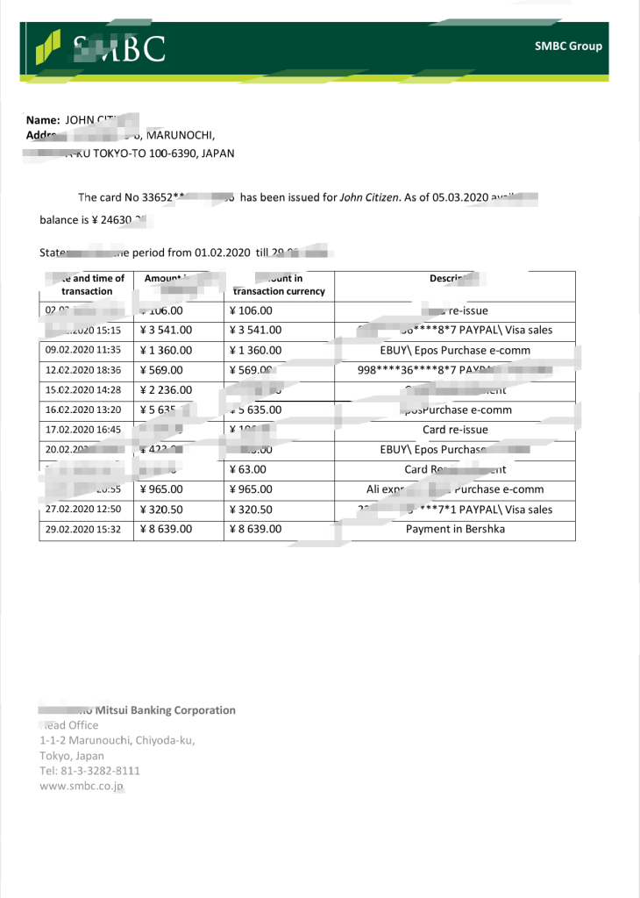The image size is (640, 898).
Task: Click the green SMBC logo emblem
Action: click(x=47, y=46)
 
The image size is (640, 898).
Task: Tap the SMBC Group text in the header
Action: click(x=568, y=46)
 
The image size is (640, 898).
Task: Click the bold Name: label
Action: click(x=43, y=119)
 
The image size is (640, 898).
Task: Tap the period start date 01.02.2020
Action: click(x=220, y=253)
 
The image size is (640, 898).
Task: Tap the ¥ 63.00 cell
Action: click(x=247, y=469)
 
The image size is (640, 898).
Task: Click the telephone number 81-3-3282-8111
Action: click(x=96, y=771)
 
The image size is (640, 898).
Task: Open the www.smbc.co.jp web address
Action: click(x=82, y=786)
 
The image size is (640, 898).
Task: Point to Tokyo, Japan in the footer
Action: click(x=72, y=755)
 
